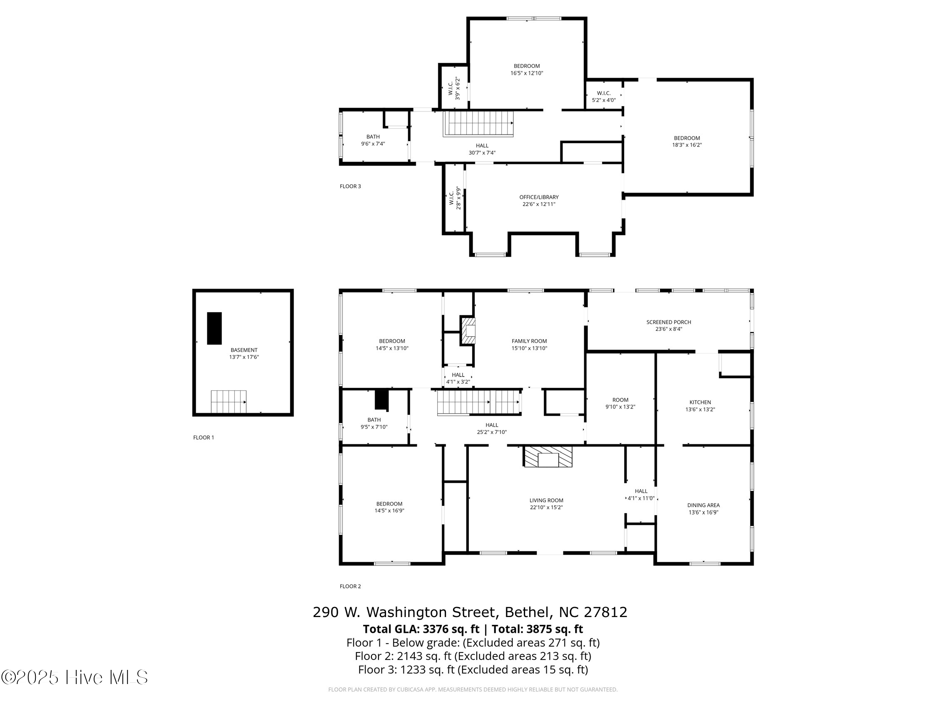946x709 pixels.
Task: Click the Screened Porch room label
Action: click(x=668, y=322)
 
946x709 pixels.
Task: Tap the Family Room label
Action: click(x=529, y=341)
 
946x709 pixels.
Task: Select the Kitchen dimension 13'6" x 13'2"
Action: click(x=700, y=409)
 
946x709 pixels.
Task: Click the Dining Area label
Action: click(x=703, y=505)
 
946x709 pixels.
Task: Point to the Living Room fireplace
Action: click(x=548, y=457)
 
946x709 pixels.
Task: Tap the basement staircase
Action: click(x=228, y=402)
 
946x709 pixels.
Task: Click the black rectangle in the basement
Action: click(x=214, y=328)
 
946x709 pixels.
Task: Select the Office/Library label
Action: click(x=539, y=197)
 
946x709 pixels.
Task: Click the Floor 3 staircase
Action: click(x=478, y=124)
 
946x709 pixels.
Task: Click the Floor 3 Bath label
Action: click(x=373, y=137)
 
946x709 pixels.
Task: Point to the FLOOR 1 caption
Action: click(x=204, y=437)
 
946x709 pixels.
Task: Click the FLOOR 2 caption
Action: click(x=350, y=586)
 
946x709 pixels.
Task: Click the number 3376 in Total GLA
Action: click(x=435, y=629)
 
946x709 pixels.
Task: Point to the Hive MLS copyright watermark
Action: click(x=75, y=678)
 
